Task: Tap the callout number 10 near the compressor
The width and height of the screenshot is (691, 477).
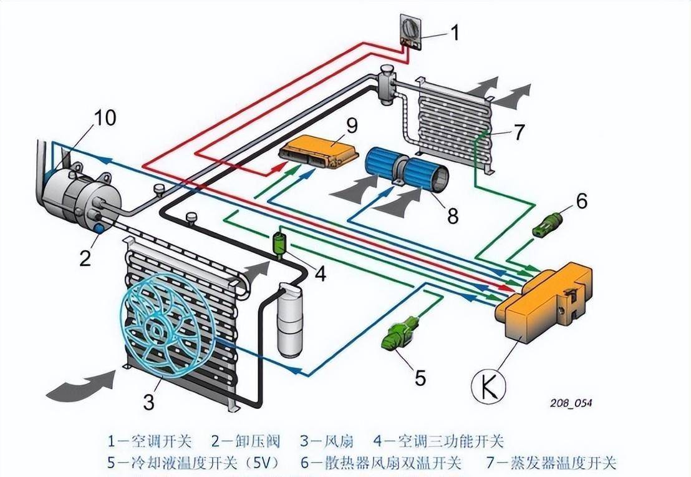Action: click(x=104, y=117)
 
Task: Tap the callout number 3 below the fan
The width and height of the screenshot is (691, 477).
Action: click(x=148, y=402)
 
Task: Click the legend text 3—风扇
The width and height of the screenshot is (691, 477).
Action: click(x=327, y=441)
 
